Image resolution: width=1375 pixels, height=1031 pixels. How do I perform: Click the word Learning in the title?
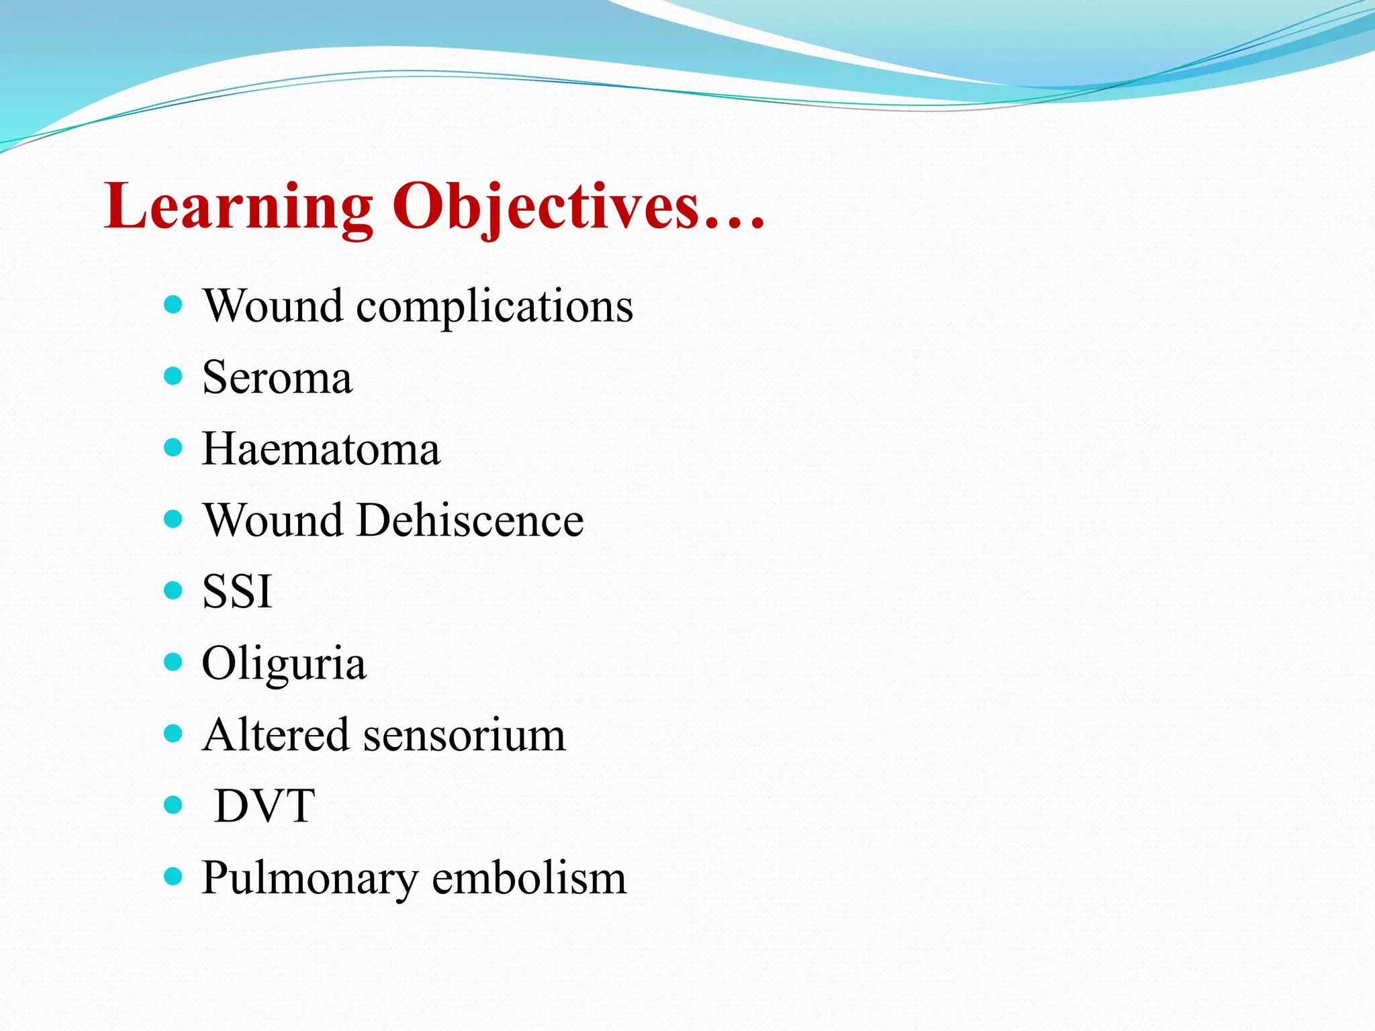pos(238,207)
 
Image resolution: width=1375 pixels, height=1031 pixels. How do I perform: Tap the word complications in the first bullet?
pos(494,306)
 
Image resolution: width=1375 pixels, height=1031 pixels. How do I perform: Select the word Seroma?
pos(277,377)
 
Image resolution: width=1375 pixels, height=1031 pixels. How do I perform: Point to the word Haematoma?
pos(321,448)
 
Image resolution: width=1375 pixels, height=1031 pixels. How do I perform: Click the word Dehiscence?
pos(470,520)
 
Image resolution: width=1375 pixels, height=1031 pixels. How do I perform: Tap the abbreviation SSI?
pos(237,591)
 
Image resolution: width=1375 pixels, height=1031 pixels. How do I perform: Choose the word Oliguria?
pos(284,663)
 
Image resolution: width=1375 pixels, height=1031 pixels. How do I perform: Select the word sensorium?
pos(465,734)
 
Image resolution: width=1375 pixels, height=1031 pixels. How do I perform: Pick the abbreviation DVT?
pos(265,805)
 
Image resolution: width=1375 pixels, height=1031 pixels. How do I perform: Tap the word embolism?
pos(529,878)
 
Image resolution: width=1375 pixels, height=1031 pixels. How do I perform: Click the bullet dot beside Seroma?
pos(173,375)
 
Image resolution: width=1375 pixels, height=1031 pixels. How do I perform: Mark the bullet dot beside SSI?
pos(173,590)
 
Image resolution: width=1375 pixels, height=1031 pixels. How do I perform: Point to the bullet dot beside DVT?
pos(173,804)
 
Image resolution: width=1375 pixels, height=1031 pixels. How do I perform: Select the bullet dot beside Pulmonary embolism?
pos(173,876)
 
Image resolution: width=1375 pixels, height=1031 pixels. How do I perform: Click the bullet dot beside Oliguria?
pos(173,662)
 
